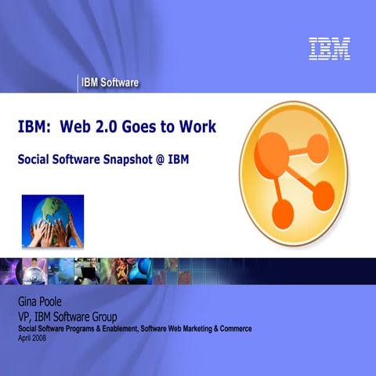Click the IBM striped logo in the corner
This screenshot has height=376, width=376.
pos(329,49)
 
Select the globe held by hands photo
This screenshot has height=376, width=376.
pos(52,221)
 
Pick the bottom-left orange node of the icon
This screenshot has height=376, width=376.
pos(281,212)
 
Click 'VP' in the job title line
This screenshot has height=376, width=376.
pos(26,316)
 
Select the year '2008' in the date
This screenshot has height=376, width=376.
pos(39,338)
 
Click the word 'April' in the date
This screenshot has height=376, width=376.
pos(24,338)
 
